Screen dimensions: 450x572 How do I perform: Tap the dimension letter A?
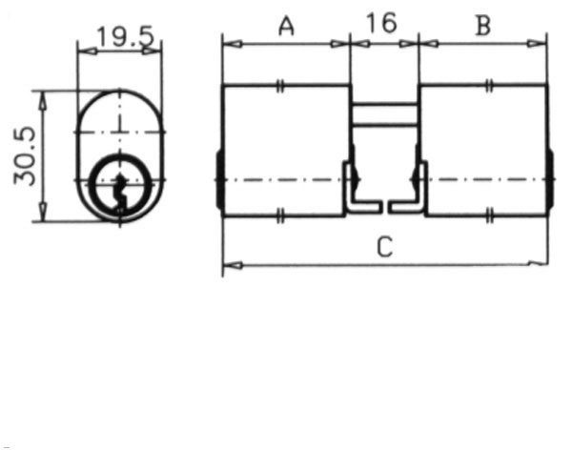(284, 26)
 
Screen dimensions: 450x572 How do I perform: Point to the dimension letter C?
(384, 248)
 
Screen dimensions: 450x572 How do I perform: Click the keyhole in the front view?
(119, 185)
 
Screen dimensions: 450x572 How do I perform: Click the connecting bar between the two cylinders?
(384, 113)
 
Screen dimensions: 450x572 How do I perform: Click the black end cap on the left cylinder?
(219, 178)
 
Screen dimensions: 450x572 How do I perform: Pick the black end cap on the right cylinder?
(551, 178)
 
